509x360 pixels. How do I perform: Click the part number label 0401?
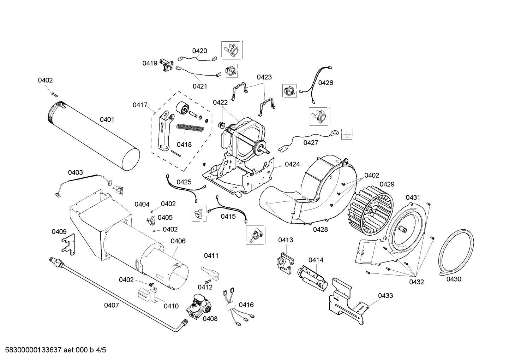[x=107, y=120]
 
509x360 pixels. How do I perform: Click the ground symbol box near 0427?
[x=347, y=134]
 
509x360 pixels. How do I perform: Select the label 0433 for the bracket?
[x=385, y=295]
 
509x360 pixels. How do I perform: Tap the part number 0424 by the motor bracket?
[x=292, y=164]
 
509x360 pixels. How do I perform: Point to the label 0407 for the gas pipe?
[x=112, y=305]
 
